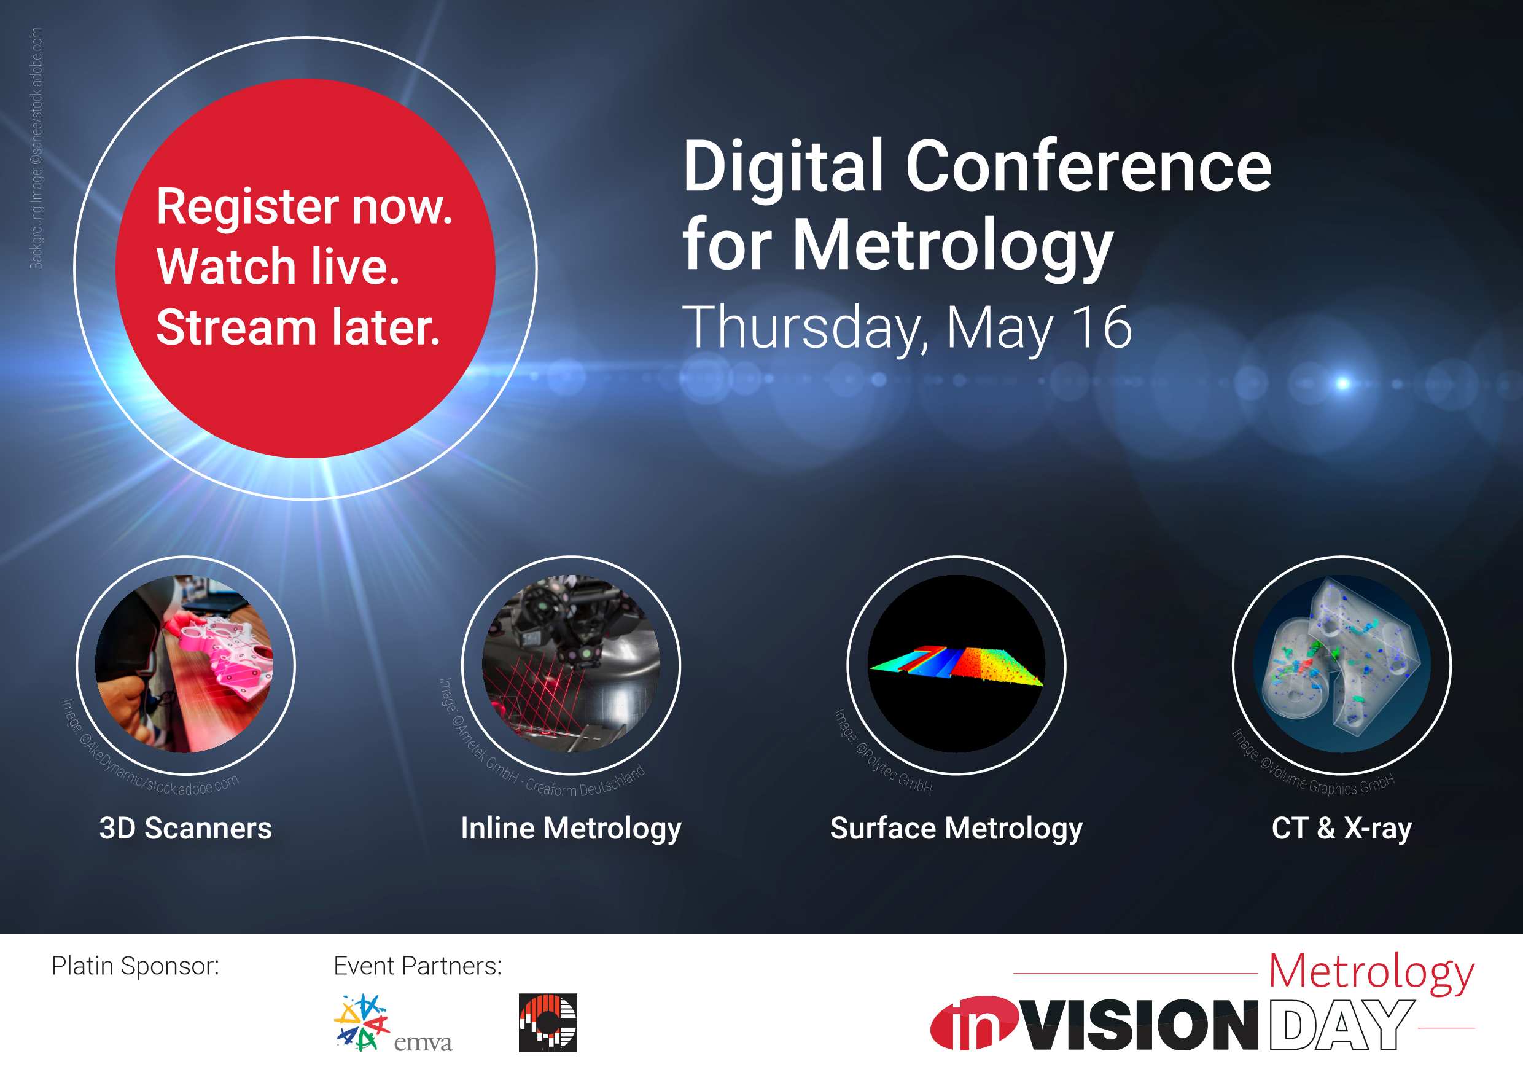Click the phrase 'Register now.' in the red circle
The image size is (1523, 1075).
coord(305,206)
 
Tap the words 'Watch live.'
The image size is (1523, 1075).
coord(278,267)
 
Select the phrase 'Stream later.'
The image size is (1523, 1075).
coord(298,327)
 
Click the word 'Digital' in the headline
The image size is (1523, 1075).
coord(784,168)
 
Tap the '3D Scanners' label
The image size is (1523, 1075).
coord(185,828)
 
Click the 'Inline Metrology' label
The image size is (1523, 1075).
coord(571,829)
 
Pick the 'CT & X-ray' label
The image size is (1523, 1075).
coord(1341,829)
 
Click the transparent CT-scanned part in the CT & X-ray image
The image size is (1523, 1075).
coord(1340,663)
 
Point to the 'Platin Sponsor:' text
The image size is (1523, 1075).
coord(135,966)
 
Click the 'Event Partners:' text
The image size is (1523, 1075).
coord(418,966)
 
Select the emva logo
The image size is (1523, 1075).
coord(392,1023)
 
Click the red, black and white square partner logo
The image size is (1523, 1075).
coord(548,1023)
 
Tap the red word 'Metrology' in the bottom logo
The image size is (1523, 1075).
coord(1371,974)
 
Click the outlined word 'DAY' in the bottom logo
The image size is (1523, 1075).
coord(1340,1025)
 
